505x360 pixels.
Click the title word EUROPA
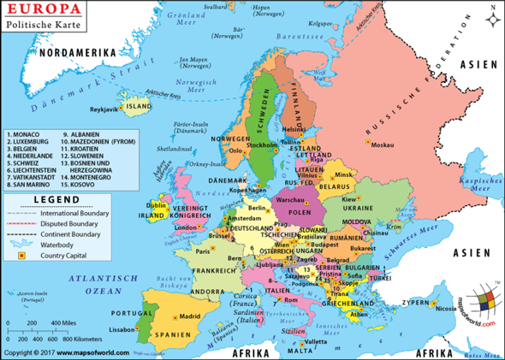[45, 10]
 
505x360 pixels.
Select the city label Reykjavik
[106, 110]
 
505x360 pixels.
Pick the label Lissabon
[122, 328]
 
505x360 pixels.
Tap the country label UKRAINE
[358, 208]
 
